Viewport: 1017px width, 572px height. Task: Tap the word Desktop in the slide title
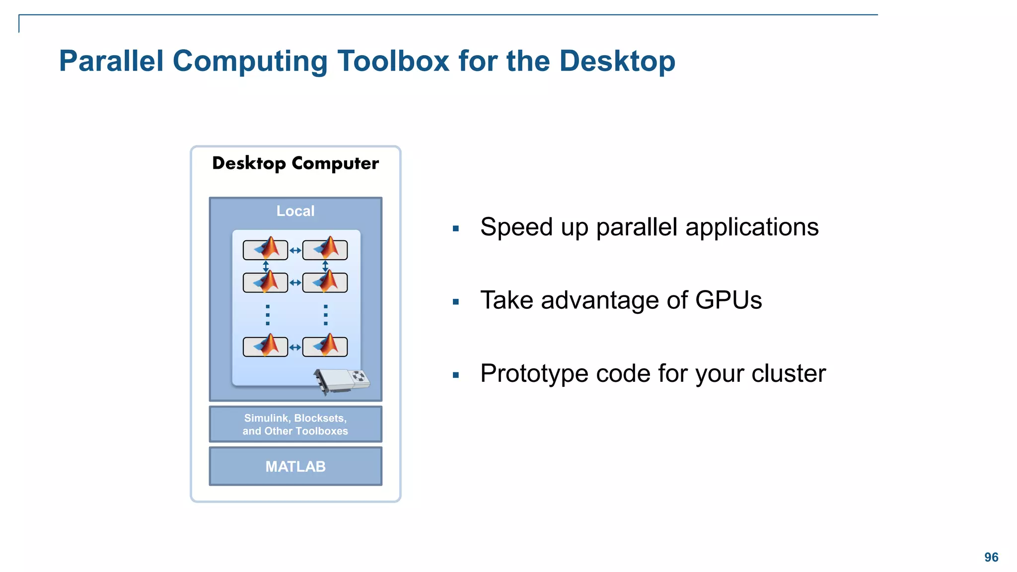(x=617, y=61)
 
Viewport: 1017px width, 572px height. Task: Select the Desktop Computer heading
(x=295, y=163)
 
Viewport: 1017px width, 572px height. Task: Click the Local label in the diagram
(x=295, y=211)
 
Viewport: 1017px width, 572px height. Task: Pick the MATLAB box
(x=295, y=466)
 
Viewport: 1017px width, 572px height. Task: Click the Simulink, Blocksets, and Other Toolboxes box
(x=295, y=425)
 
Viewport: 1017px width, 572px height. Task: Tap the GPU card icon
(x=343, y=381)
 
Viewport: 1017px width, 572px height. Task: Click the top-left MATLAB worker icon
(x=266, y=250)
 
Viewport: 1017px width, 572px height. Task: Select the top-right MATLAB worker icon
(x=325, y=250)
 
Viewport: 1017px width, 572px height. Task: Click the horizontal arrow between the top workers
(x=295, y=251)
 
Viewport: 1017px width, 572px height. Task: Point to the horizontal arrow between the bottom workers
(x=295, y=348)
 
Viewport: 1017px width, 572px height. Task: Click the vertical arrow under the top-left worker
(x=266, y=267)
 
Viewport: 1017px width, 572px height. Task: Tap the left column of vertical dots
(x=268, y=315)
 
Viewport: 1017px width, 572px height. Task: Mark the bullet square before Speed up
(x=456, y=229)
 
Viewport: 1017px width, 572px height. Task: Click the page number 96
(x=991, y=557)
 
